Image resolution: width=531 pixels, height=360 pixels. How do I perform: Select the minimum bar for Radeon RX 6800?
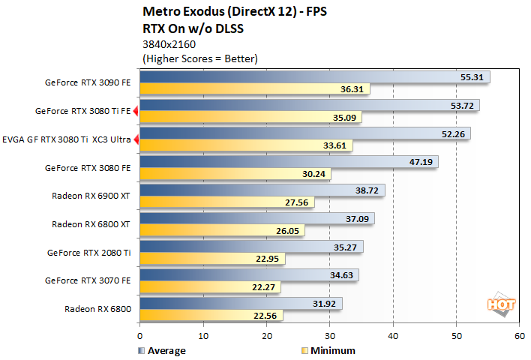click(210, 315)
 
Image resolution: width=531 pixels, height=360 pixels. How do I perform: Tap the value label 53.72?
click(463, 105)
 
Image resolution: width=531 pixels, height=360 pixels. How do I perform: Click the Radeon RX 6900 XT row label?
click(91, 196)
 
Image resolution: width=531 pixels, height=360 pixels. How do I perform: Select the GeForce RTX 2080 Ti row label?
click(89, 253)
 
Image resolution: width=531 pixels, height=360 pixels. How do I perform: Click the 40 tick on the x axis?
click(393, 337)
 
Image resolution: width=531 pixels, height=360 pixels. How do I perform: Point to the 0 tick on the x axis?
click(139, 337)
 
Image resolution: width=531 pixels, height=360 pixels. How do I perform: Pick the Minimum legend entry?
click(324, 350)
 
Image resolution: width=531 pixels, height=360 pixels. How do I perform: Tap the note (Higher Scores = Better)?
click(199, 58)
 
